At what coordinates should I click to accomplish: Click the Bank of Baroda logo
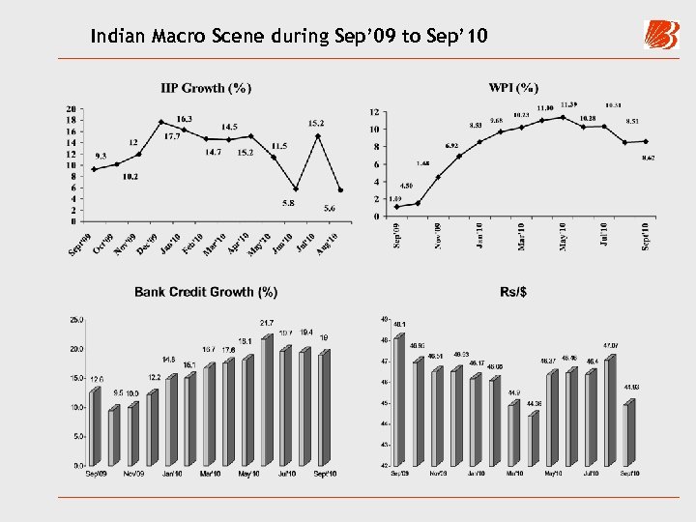click(661, 35)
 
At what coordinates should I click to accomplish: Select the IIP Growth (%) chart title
click(206, 89)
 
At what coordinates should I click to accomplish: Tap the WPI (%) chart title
click(513, 88)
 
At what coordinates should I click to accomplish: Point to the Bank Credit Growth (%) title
click(206, 291)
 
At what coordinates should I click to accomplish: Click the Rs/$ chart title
click(515, 291)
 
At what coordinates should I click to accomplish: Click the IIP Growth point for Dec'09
click(161, 122)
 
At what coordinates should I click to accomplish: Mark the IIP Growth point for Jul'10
click(318, 135)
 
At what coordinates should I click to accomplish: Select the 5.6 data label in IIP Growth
click(330, 208)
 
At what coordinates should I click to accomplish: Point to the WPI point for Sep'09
click(396, 207)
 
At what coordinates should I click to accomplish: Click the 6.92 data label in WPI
click(451, 146)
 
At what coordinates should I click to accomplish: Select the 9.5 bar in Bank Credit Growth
click(114, 437)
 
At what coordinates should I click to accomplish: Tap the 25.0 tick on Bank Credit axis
click(74, 319)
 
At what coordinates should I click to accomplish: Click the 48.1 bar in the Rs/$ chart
click(399, 399)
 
